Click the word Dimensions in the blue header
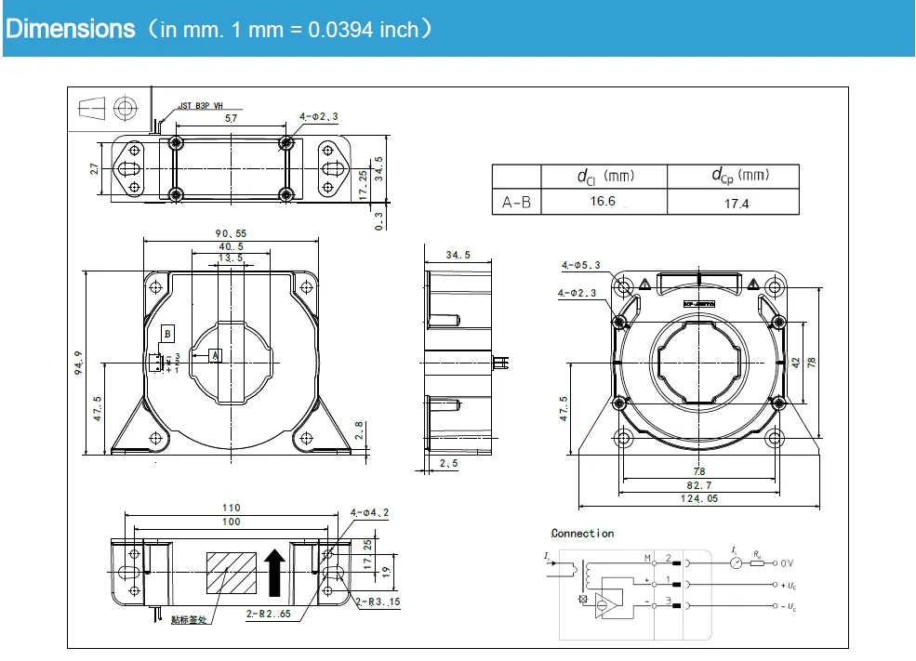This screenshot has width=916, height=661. coord(71,29)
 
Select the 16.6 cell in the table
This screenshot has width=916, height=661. coord(603,201)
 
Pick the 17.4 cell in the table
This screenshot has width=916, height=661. coord(736,203)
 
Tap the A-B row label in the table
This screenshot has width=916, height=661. coord(516,202)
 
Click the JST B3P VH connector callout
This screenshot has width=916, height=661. coord(201,106)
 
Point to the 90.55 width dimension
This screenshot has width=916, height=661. coord(230,233)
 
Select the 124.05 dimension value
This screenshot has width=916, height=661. coord(698,498)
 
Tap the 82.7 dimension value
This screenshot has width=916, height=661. coord(698,485)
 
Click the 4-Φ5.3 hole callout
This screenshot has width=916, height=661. coord(580,265)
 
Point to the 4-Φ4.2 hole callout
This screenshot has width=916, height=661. coord(369,512)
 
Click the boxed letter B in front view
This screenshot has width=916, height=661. coord(167,334)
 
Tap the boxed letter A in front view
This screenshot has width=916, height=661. coord(215,355)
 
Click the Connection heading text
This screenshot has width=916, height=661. coord(582,534)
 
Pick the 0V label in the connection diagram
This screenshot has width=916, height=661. coord(787,563)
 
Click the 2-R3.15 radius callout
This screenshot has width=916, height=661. coord(378,603)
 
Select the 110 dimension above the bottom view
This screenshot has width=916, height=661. coord(231,508)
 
